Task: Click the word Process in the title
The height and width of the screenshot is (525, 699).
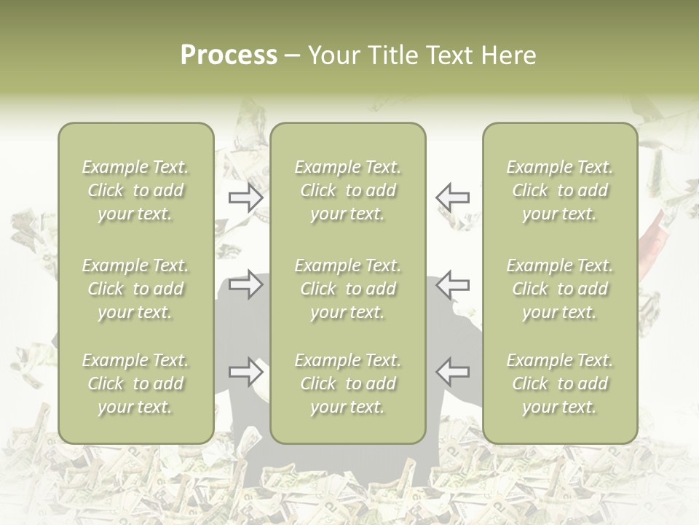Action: [229, 55]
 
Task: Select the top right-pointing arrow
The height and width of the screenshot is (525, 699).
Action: [245, 198]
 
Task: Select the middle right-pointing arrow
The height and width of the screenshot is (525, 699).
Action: [245, 284]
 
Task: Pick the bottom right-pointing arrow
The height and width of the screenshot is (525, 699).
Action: [245, 372]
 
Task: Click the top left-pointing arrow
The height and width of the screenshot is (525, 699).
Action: [452, 198]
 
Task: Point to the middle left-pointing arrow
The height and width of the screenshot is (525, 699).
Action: [452, 284]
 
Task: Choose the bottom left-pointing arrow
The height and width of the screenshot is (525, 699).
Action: [452, 372]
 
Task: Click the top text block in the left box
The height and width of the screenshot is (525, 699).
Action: [135, 190]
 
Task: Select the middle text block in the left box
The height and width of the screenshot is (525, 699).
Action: [135, 289]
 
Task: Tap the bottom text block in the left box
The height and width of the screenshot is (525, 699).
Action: [135, 384]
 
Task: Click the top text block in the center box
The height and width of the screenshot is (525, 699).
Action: [347, 190]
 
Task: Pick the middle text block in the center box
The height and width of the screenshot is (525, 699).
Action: [347, 289]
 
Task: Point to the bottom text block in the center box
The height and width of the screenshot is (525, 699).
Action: [347, 384]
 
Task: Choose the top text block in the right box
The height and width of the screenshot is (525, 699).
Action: [559, 190]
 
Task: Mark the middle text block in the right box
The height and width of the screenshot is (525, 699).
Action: [559, 289]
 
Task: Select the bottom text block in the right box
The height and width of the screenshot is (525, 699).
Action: [559, 384]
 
